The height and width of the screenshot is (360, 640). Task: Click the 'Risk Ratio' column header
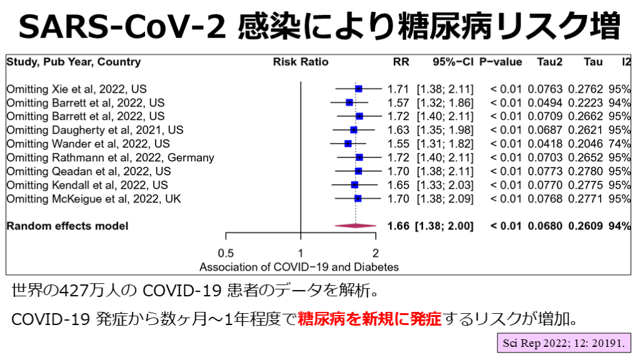coord(301,62)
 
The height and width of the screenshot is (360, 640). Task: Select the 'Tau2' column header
coord(549,62)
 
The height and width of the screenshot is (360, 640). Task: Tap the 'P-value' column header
coord(501,62)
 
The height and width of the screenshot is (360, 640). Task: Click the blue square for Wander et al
coord(348,144)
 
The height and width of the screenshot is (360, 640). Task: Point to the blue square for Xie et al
coord(359,89)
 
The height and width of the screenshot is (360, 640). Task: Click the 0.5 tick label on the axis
coord(226,252)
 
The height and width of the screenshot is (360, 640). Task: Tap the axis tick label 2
coord(375,252)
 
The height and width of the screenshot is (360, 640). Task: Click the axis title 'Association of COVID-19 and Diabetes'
coord(299,267)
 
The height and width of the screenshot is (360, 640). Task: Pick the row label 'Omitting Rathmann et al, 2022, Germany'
coord(110,157)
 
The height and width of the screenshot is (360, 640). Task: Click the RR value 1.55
coord(398,144)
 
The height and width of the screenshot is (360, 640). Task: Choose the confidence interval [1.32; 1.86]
coord(445,102)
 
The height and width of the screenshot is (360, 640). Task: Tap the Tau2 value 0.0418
coord(545,144)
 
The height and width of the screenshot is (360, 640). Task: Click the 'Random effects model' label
coord(67,226)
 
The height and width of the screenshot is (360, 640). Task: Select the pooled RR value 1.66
coord(398,226)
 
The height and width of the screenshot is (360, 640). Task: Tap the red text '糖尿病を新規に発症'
coord(369,319)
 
